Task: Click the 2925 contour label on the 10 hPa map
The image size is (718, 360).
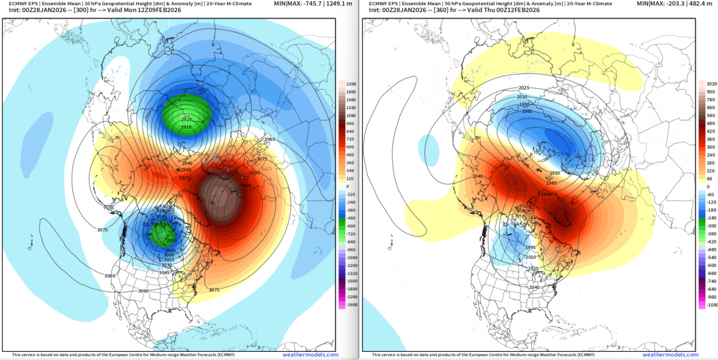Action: point(187,119)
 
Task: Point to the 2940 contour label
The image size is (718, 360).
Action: point(187,163)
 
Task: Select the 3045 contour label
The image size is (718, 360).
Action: point(165,272)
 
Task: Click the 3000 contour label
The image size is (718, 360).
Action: point(169,255)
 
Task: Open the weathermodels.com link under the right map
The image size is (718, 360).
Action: point(670,355)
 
